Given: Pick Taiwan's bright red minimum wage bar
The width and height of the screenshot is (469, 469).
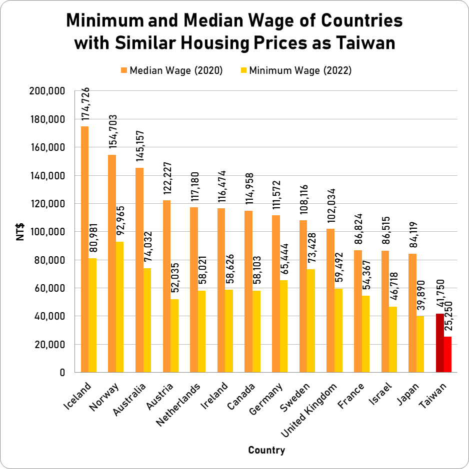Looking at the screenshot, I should coord(447,354).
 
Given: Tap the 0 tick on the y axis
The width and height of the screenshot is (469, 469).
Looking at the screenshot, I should coord(62,373).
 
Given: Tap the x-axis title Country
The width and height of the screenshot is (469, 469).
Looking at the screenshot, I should coord(266,450).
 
